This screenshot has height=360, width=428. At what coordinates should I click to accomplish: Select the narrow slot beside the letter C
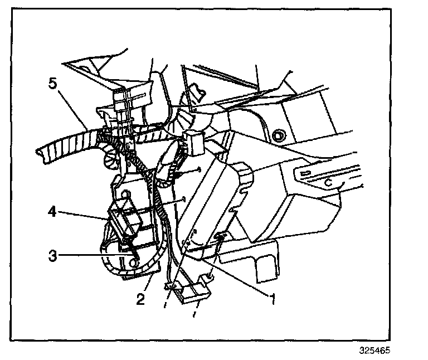[305, 174]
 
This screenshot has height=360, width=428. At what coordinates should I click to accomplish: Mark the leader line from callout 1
[234, 273]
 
